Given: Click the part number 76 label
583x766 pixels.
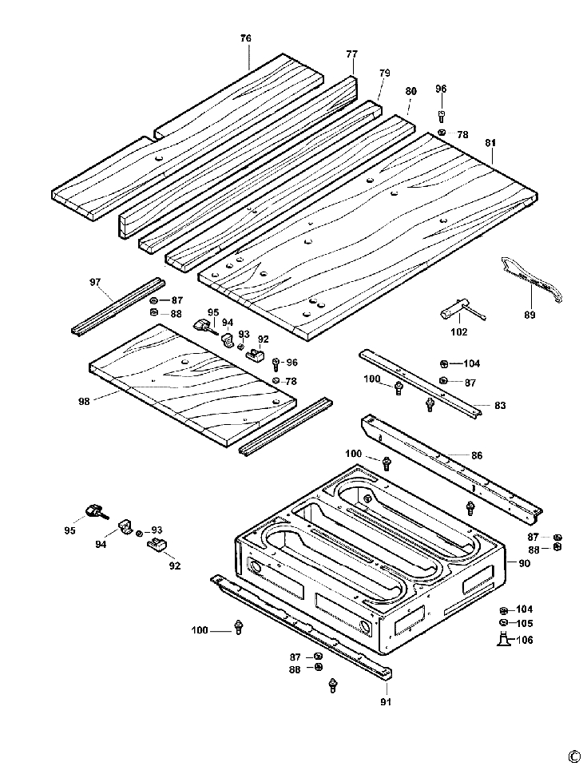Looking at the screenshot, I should (246, 38).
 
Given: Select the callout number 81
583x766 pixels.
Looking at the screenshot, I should (490, 143).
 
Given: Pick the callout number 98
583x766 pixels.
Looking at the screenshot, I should (84, 400).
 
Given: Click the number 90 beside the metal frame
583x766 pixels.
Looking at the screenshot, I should (524, 564).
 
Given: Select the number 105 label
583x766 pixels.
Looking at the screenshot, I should (524, 624).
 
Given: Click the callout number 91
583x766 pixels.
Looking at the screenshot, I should (386, 703).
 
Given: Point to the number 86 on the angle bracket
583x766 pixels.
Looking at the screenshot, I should (477, 455).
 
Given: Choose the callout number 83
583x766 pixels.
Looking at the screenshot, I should (500, 406).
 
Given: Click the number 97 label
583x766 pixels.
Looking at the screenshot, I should (96, 283).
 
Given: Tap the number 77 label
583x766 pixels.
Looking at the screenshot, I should (351, 54).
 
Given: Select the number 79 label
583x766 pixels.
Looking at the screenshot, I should (384, 73).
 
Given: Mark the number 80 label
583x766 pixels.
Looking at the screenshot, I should (410, 90).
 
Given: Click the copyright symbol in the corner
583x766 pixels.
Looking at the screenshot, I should (573, 756).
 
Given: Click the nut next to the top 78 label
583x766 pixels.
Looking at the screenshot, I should (442, 133).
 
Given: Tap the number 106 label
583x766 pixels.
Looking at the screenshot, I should (524, 640).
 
